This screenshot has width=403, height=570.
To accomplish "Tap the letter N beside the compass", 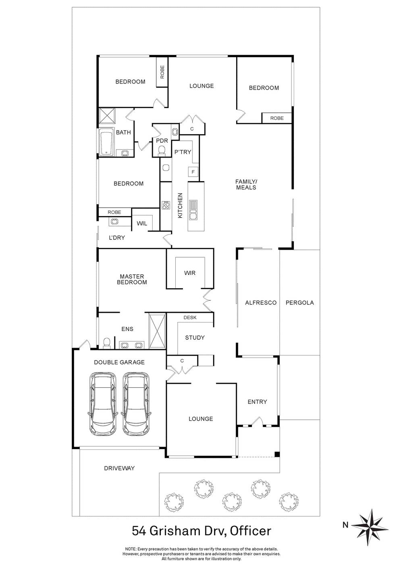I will pos(345,525).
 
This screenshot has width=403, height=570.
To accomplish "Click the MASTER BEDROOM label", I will pos(132,279).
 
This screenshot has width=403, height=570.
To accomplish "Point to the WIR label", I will pos(189,273).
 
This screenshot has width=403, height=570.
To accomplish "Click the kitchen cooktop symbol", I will pos(166,205).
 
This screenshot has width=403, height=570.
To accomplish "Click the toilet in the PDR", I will pos(162,150).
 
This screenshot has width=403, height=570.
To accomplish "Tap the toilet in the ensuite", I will pos(106,343).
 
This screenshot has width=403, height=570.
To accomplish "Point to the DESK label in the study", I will pos(190,318).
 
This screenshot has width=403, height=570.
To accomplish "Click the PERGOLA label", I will pos(299,303).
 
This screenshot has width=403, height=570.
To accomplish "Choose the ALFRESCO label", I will pos(261,303).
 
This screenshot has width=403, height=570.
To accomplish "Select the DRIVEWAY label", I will pos(119,468).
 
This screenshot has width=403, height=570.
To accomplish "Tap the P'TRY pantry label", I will pos(183,152).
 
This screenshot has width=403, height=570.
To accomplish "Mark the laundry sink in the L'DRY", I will pos(114,221).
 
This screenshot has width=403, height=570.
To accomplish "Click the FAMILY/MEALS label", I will pos(246,185).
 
